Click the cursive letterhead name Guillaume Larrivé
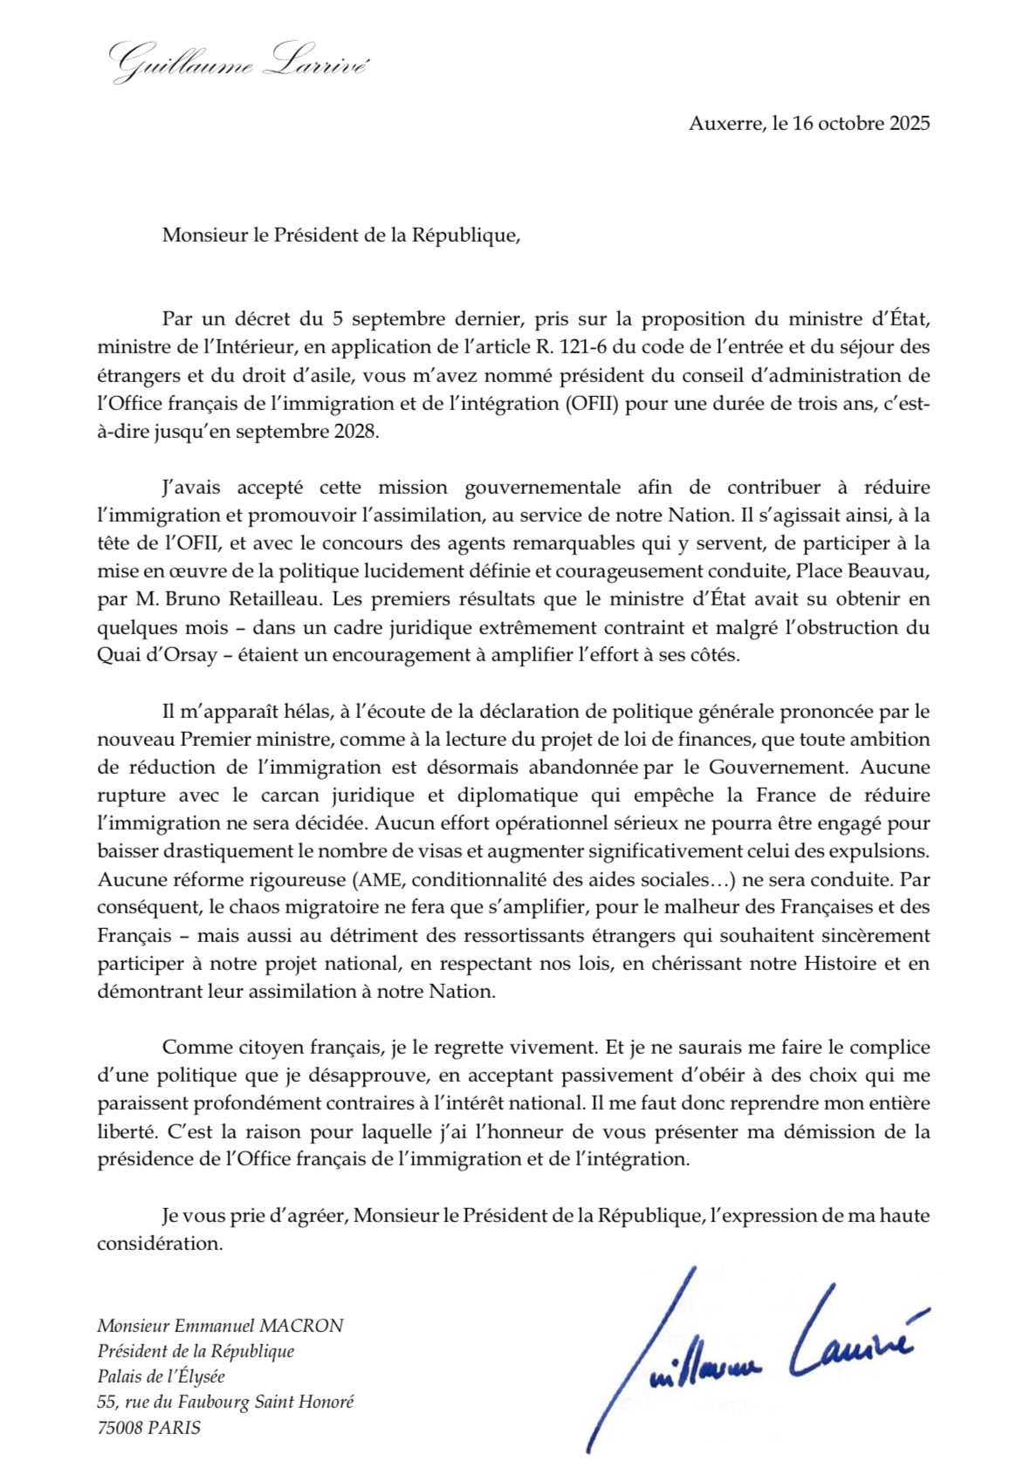237,61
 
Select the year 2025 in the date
909,123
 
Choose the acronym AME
377,879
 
